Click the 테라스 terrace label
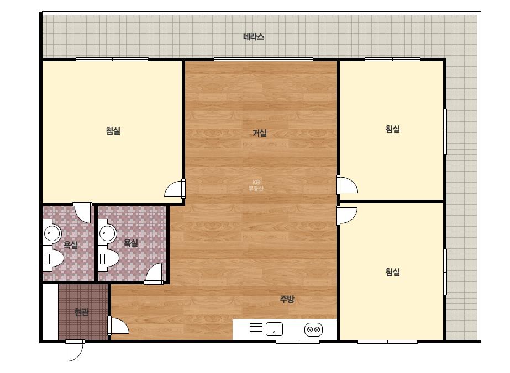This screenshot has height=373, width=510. point(254,36)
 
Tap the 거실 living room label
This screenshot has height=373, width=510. point(260,133)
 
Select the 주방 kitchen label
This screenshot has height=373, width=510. point(287,299)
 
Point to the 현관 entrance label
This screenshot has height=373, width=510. point(82,312)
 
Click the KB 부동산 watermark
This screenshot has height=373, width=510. point(256,185)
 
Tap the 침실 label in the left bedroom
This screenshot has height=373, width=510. point(113,131)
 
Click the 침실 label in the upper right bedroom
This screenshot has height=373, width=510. point(392,129)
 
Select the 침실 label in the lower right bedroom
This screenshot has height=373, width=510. point(392,271)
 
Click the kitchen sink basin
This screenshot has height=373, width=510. point(274,329)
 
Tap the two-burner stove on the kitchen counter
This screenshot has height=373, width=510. point(313,329)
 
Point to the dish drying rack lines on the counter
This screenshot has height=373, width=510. point(256,329)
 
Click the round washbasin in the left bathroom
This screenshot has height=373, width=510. point(52,233)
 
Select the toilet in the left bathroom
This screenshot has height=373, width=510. point(52,259)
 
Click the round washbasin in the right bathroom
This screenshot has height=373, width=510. point(108,233)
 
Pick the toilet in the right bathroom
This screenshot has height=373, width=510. point(108,259)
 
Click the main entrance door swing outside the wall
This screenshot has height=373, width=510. point(75,350)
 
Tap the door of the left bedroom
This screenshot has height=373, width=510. point(175,189)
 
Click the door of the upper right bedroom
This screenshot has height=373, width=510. point(348,185)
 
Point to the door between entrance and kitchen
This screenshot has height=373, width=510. point(118,326)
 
